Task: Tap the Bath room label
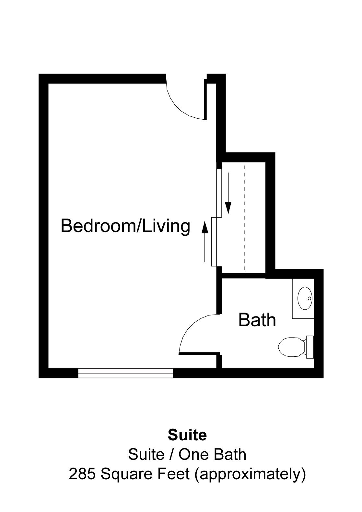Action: coord(257,320)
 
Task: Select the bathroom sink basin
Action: coord(305,298)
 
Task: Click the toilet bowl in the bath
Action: coord(291,347)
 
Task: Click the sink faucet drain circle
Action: coord(309,298)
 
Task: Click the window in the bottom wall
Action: coord(125,373)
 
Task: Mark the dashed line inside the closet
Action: coord(245,217)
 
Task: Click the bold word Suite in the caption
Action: coord(187,435)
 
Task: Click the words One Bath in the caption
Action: coord(213,454)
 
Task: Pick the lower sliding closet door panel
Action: coord(214,242)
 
